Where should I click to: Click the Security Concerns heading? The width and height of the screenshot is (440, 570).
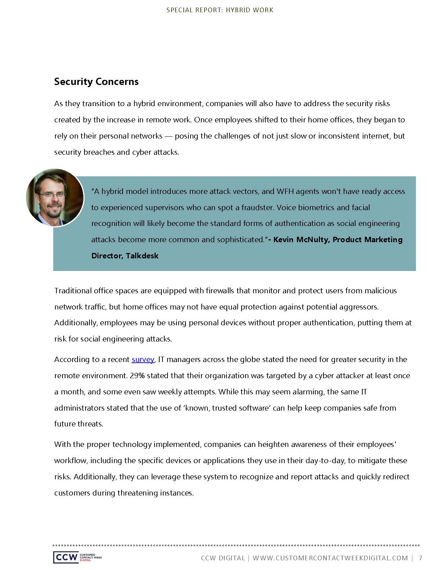(x=96, y=82)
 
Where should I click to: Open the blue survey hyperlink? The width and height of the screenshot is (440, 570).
(x=143, y=359)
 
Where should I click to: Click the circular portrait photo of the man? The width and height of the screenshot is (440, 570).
(x=55, y=198)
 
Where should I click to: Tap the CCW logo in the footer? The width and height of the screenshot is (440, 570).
(x=66, y=557)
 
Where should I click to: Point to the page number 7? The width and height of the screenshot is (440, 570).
(x=421, y=558)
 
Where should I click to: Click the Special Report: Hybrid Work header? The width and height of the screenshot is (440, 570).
(x=220, y=10)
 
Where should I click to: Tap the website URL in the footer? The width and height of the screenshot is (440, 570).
(x=330, y=558)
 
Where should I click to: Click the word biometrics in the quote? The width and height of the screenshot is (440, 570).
(x=315, y=208)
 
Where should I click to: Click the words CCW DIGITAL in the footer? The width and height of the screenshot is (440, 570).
(x=223, y=558)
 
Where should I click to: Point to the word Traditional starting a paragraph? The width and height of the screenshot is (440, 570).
(x=73, y=291)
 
